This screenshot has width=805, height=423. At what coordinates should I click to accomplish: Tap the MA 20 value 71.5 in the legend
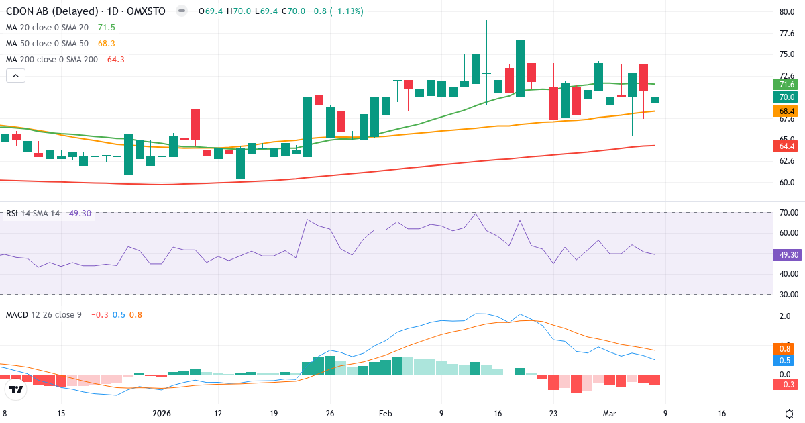(x=107, y=27)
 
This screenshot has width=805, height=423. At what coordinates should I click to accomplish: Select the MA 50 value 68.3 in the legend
(x=107, y=43)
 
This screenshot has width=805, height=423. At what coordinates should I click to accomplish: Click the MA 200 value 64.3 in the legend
(x=116, y=59)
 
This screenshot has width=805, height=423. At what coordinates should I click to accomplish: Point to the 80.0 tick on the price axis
(x=787, y=11)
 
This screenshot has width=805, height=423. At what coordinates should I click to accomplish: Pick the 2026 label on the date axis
(x=163, y=413)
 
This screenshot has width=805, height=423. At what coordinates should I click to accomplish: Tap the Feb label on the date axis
(x=385, y=413)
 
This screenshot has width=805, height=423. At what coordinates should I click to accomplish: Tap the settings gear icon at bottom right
(x=790, y=413)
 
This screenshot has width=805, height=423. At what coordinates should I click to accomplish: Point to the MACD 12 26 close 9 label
(x=44, y=314)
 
